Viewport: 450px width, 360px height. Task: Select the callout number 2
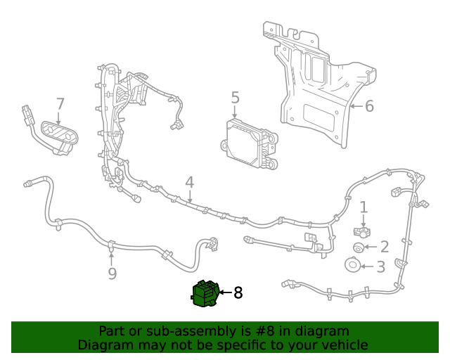point(384,246)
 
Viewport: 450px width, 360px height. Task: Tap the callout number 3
point(380,266)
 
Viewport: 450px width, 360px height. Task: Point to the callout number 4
point(190,183)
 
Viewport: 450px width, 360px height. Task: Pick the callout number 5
point(235,98)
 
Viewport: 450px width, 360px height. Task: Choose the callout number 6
point(369,106)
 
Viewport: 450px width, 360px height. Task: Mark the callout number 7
point(60,104)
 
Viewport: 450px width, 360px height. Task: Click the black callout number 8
point(238,292)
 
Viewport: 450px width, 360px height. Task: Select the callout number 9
point(112,274)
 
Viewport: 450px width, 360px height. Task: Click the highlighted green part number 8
point(205,293)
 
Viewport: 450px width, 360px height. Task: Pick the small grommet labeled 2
point(358,247)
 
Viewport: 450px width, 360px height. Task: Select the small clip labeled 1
point(362,231)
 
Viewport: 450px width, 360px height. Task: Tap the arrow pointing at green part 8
point(224,292)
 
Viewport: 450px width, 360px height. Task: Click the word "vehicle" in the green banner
point(343,345)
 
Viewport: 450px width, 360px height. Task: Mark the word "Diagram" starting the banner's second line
point(105,345)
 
